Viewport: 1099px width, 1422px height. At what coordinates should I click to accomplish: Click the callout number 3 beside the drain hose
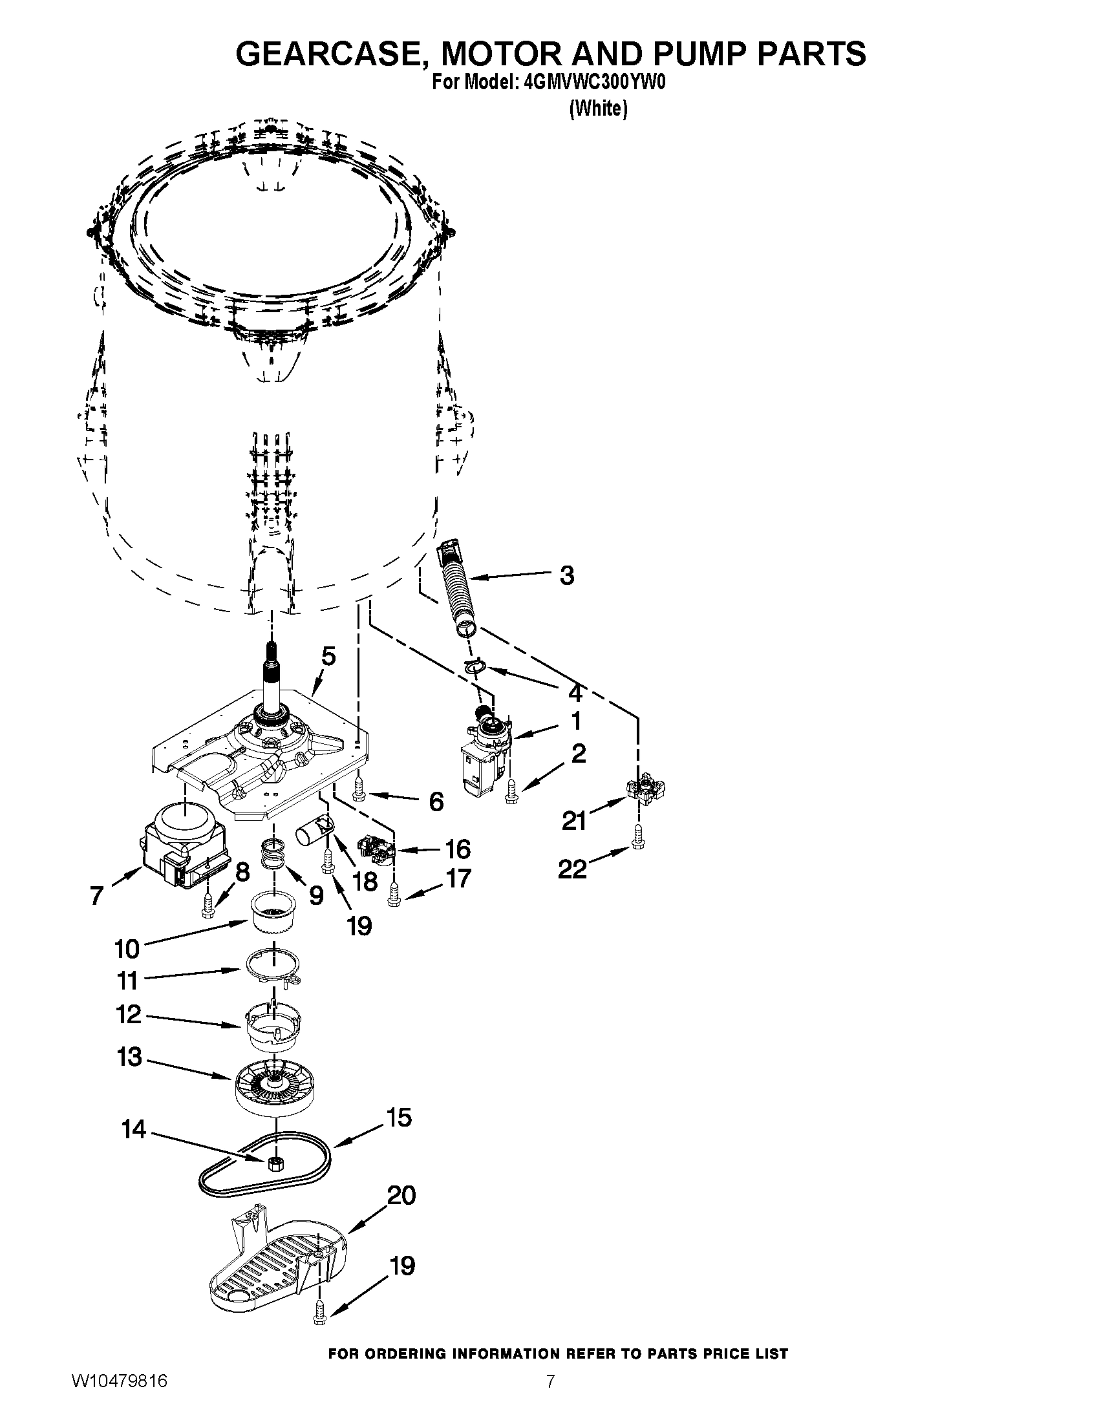567,575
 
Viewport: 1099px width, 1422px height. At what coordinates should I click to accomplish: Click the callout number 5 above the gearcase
329,657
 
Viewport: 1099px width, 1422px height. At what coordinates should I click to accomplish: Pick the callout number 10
127,949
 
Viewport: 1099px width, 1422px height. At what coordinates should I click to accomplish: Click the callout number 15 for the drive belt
399,1118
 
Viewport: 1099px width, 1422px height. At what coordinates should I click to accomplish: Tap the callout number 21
573,822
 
